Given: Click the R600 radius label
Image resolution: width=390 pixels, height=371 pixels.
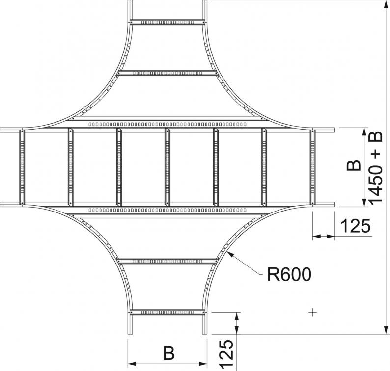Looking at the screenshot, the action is click(289, 274).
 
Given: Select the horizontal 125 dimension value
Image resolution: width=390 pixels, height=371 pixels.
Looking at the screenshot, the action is click(356, 226).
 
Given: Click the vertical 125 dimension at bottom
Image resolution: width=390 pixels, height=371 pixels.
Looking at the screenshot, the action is click(226, 353).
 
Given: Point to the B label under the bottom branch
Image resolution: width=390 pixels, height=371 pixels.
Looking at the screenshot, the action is click(169, 353).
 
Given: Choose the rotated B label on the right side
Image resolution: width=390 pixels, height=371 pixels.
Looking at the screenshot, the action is click(354, 166).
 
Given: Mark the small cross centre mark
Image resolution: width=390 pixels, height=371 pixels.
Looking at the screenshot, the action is click(313, 312).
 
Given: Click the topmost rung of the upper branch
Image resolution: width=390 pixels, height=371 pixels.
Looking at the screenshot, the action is click(167, 23).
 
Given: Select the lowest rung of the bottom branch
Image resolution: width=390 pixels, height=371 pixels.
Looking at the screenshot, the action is click(167, 312).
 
